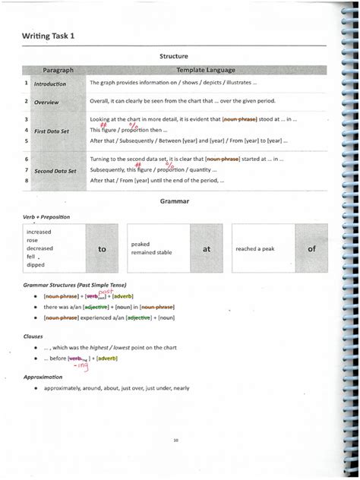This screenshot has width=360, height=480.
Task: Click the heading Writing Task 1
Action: (48, 36)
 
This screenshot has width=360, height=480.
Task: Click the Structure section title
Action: (174, 56)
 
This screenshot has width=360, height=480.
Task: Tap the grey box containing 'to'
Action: (102, 248)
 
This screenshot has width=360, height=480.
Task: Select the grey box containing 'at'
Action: (205, 248)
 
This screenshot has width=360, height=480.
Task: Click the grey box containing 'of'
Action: (311, 248)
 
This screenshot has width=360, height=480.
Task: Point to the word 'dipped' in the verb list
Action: (35, 265)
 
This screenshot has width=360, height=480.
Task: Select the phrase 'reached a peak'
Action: (254, 248)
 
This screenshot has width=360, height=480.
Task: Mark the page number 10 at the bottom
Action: (175, 438)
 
